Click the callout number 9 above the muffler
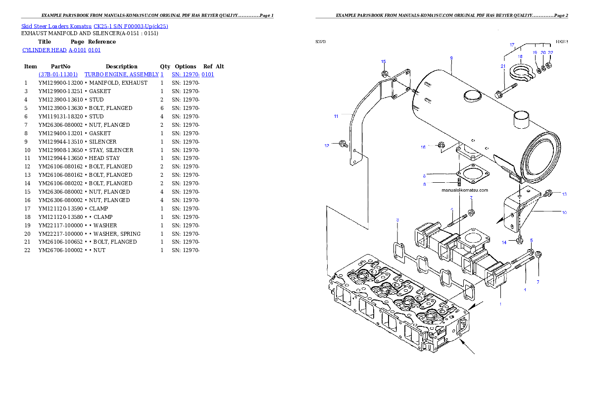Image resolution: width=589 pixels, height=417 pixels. click(x=451, y=58)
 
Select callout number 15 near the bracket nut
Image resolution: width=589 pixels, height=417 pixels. click(x=383, y=61)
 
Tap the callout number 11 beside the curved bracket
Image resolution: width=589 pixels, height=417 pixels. click(x=336, y=116)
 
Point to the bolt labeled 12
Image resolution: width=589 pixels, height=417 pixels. click(x=343, y=144)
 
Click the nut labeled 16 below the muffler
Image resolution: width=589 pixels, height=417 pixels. click(x=441, y=146)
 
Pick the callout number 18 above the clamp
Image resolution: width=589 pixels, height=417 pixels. click(x=520, y=57)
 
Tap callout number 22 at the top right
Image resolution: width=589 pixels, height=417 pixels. click(x=551, y=52)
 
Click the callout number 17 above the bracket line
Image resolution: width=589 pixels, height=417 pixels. click(x=512, y=45)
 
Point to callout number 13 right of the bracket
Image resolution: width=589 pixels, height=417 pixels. click(x=564, y=194)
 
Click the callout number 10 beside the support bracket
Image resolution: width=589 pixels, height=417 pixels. click(x=564, y=213)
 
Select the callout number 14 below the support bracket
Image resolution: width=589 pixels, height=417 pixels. click(x=504, y=242)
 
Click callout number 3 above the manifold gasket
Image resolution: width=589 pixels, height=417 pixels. click(x=397, y=219)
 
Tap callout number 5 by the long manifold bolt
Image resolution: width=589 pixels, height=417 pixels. click(x=532, y=240)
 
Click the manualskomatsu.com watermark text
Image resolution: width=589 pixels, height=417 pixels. click(x=465, y=190)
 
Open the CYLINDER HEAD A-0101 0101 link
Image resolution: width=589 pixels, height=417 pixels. click(x=62, y=51)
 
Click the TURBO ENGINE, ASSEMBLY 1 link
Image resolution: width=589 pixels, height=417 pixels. click(x=124, y=74)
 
